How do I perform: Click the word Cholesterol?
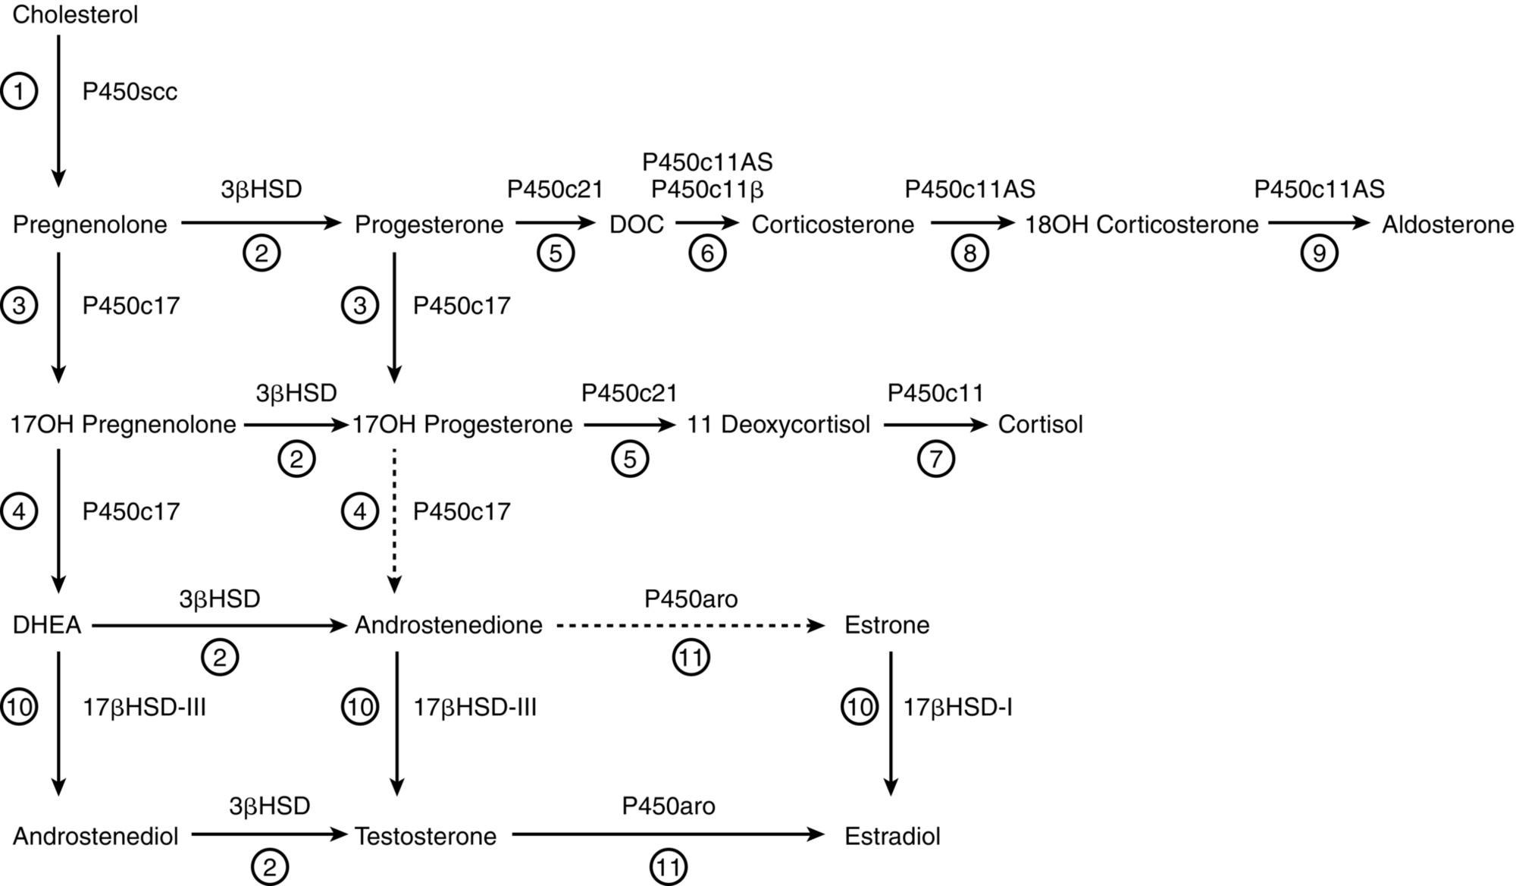click(75, 15)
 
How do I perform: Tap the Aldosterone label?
click(1448, 225)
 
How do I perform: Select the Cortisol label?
click(1040, 424)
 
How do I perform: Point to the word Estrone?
click(886, 625)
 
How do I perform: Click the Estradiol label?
click(892, 836)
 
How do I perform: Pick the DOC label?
click(636, 225)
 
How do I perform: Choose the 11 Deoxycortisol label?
click(778, 424)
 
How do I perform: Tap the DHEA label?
click(47, 625)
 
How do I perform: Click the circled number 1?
click(19, 92)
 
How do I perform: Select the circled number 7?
click(935, 459)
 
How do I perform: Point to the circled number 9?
click(1319, 253)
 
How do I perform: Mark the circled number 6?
click(707, 253)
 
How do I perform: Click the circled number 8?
click(969, 253)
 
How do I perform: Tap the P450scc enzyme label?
click(130, 92)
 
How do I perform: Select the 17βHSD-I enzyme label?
click(957, 708)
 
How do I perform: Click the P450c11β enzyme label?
click(707, 189)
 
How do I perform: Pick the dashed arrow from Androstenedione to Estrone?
click(690, 626)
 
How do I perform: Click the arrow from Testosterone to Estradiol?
click(667, 835)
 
